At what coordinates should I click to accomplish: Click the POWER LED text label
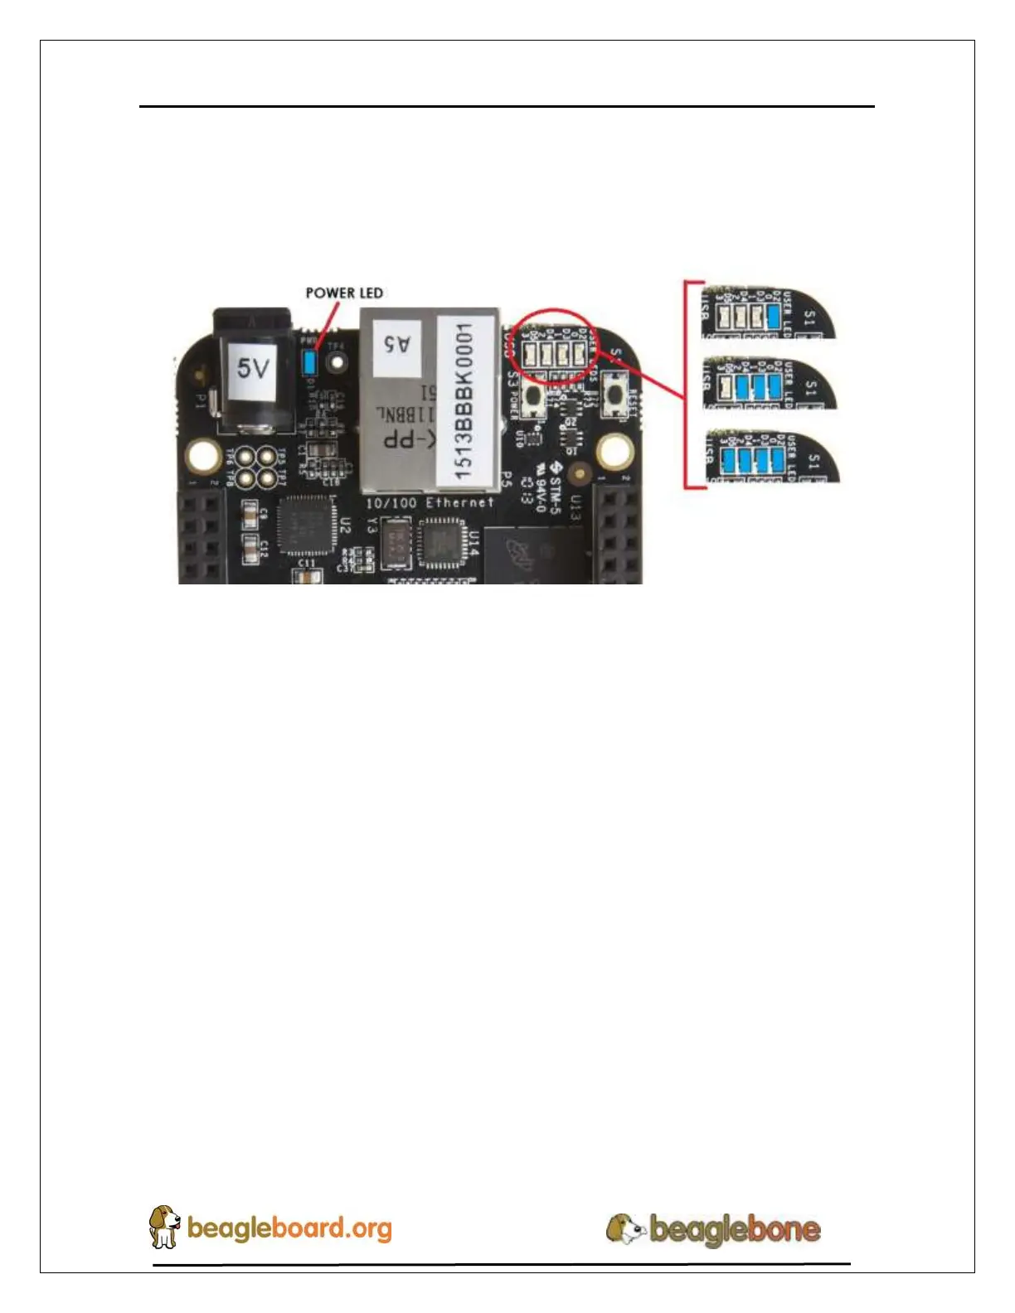pyautogui.click(x=344, y=293)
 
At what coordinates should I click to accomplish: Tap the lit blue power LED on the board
pyautogui.click(x=310, y=361)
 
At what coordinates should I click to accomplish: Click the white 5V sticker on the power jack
pyautogui.click(x=252, y=366)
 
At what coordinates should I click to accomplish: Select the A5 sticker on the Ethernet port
pyautogui.click(x=396, y=342)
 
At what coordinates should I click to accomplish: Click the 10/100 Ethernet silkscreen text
pyautogui.click(x=430, y=503)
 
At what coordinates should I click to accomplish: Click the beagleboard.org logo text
pyautogui.click(x=289, y=1228)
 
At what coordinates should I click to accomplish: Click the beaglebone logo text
pyautogui.click(x=734, y=1228)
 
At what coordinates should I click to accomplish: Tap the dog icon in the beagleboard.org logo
pyautogui.click(x=164, y=1226)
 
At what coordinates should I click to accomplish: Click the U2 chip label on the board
pyautogui.click(x=346, y=525)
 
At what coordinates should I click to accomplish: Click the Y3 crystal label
pyautogui.click(x=372, y=525)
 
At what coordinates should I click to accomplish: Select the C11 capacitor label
pyautogui.click(x=306, y=563)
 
